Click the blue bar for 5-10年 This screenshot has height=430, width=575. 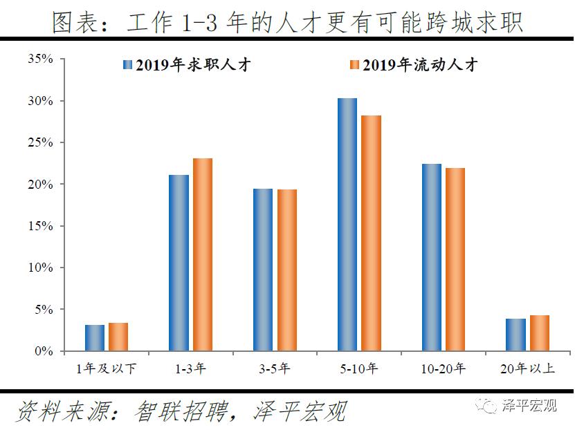(347, 225)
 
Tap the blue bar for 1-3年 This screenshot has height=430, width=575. (179, 263)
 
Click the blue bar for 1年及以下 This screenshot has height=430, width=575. (95, 338)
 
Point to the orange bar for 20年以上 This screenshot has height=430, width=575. (539, 333)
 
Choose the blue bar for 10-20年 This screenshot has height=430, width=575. (432, 257)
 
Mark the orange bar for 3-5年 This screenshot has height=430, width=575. (286, 270)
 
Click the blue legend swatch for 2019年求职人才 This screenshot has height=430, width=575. (127, 65)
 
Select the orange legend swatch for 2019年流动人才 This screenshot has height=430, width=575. (353, 65)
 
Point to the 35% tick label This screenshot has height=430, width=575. (40, 59)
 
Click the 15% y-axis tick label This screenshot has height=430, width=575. (40, 226)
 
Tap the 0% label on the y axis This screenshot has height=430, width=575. (44, 351)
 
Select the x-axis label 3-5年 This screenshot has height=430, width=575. (275, 368)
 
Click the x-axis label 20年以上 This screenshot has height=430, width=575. (527, 368)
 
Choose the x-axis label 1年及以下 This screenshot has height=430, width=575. (106, 368)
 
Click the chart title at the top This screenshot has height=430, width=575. (287, 23)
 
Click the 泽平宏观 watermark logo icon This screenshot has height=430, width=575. (490, 406)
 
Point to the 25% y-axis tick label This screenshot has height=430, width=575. (40, 143)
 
